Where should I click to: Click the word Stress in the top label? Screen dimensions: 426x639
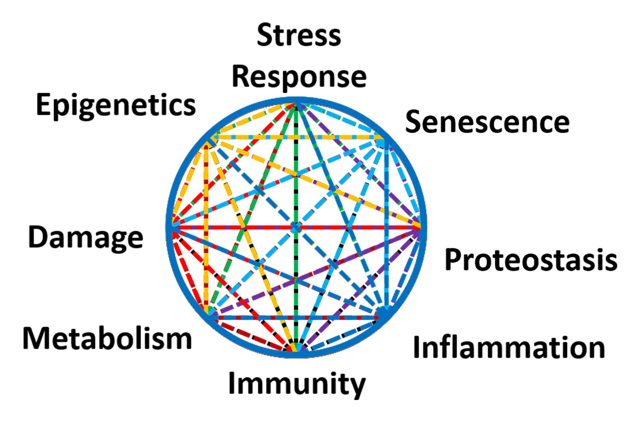click(x=299, y=36)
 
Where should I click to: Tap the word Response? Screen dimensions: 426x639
click(x=299, y=76)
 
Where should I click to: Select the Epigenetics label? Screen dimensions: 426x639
click(x=116, y=105)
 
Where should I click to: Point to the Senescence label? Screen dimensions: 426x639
click(x=487, y=122)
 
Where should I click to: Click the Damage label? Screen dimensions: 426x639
click(x=86, y=238)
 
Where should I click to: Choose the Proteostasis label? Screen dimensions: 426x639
click(x=531, y=260)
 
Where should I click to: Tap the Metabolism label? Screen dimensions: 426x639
click(x=107, y=338)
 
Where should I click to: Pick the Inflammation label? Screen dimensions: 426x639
click(x=509, y=348)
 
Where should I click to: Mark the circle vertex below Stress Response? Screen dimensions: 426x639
click(x=296, y=103)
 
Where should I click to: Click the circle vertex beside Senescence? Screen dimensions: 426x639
click(x=385, y=139)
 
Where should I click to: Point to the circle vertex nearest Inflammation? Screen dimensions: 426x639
click(x=383, y=315)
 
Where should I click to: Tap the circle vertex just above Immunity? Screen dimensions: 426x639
click(x=296, y=351)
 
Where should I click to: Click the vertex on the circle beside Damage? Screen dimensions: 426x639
click(x=172, y=227)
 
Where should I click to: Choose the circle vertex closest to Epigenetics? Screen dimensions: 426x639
click(x=207, y=140)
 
